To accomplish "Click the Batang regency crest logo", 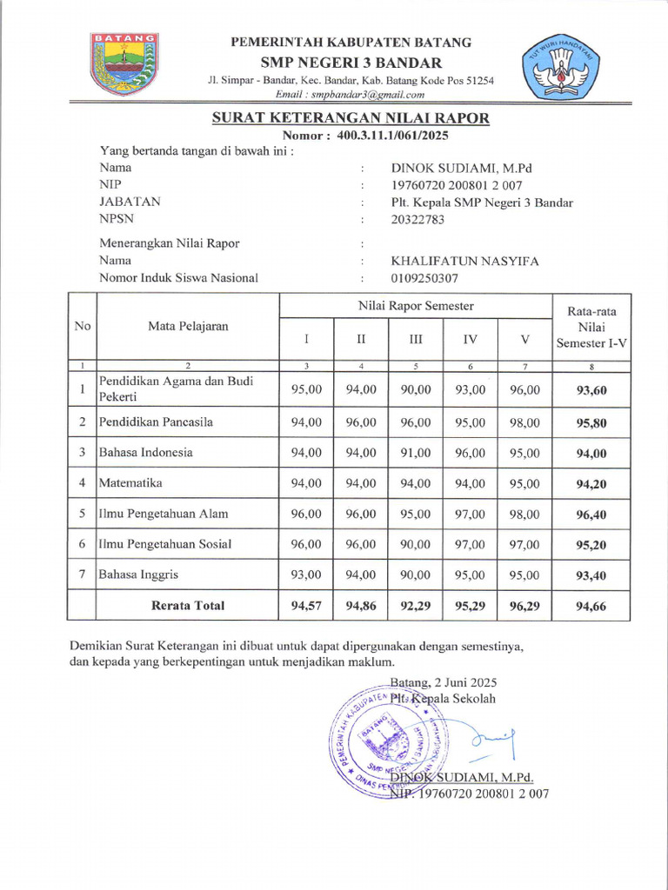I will [x=124, y=63].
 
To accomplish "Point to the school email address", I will [x=350, y=94].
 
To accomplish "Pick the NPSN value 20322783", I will [x=417, y=219].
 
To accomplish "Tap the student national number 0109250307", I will [x=424, y=278].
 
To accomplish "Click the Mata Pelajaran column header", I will [x=187, y=326].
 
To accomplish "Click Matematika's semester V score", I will [x=524, y=483].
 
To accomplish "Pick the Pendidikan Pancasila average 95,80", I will [x=591, y=423].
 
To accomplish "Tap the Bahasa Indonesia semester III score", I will [x=416, y=453].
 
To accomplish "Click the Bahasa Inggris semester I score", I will [x=306, y=575].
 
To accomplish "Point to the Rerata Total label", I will [x=188, y=605].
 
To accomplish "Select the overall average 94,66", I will [x=591, y=606].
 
